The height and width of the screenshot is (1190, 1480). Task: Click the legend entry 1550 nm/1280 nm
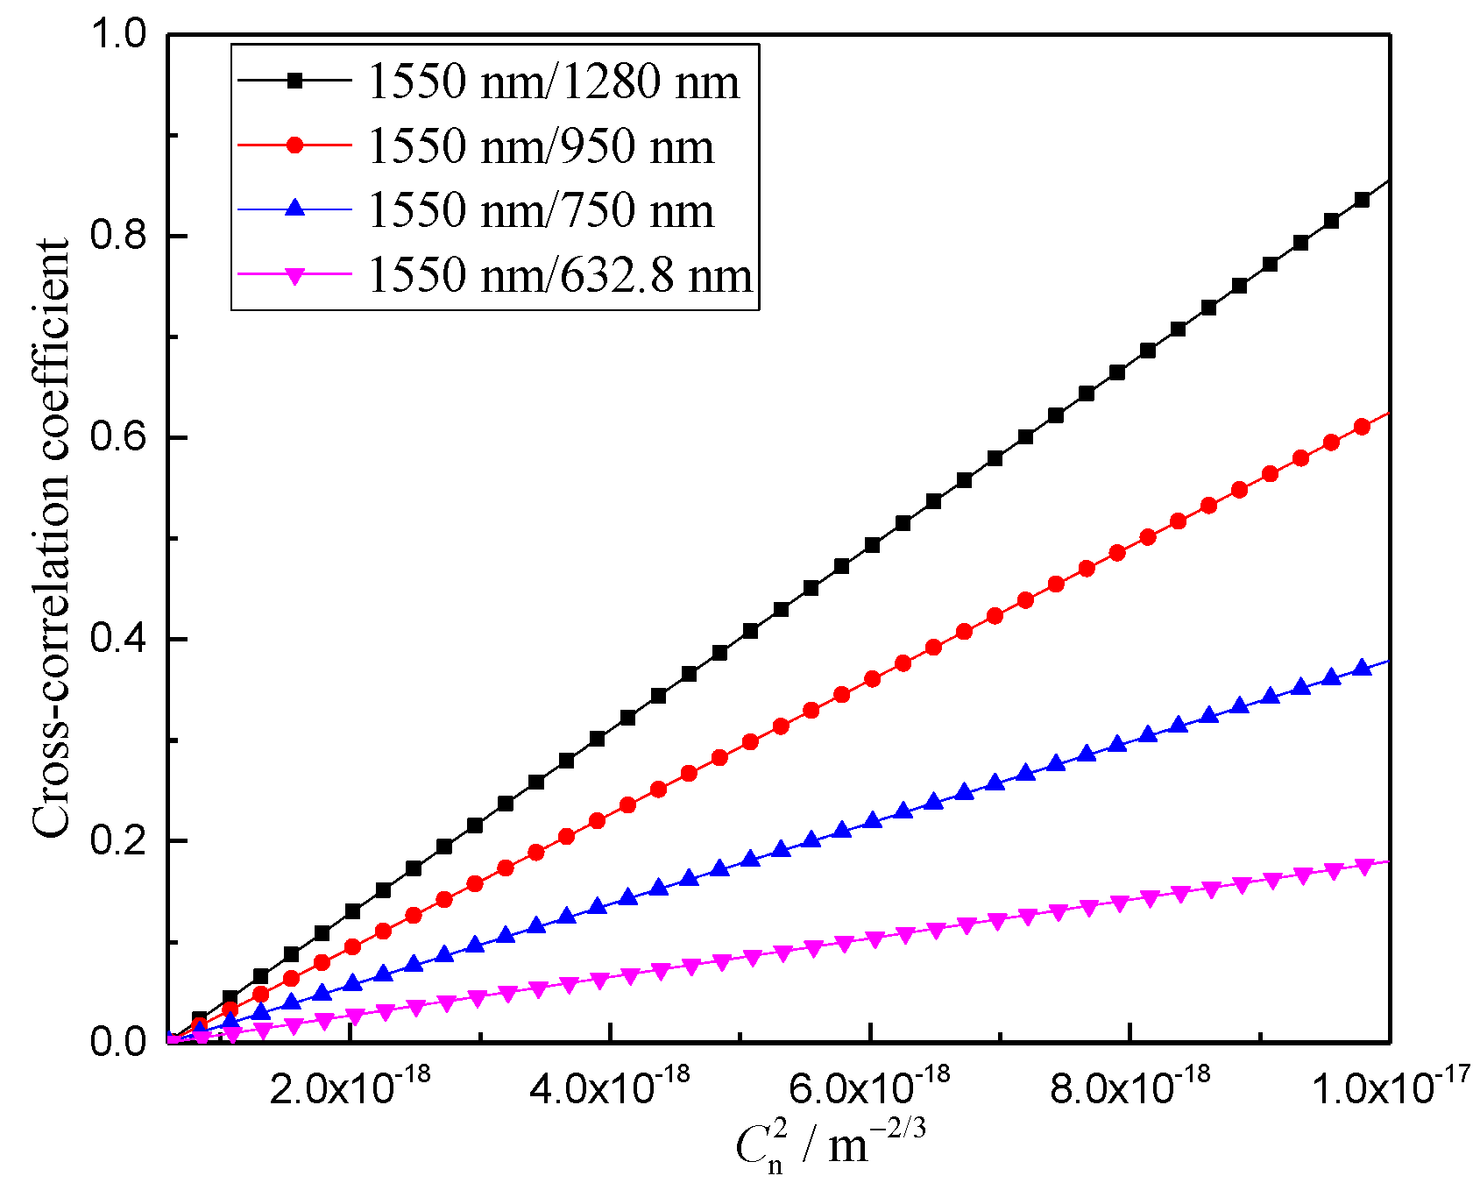coord(554,81)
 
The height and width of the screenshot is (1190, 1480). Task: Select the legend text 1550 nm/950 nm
coord(541,146)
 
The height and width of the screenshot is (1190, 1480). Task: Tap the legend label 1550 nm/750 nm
coord(541,211)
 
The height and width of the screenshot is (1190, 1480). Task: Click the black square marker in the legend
coord(295,81)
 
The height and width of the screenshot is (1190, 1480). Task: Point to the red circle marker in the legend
coord(295,145)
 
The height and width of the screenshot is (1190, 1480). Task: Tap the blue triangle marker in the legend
coord(295,209)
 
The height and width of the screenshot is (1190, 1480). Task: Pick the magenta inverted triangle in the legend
coord(295,276)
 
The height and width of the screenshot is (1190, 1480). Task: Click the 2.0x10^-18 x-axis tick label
coord(350,1087)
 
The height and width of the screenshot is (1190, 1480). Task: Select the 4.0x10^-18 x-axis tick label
coord(610,1087)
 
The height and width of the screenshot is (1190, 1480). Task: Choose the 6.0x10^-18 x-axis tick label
coord(869,1087)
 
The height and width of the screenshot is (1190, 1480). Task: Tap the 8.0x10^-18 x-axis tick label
coord(1129,1087)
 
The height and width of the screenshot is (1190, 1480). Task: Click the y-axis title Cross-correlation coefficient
coord(51,538)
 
